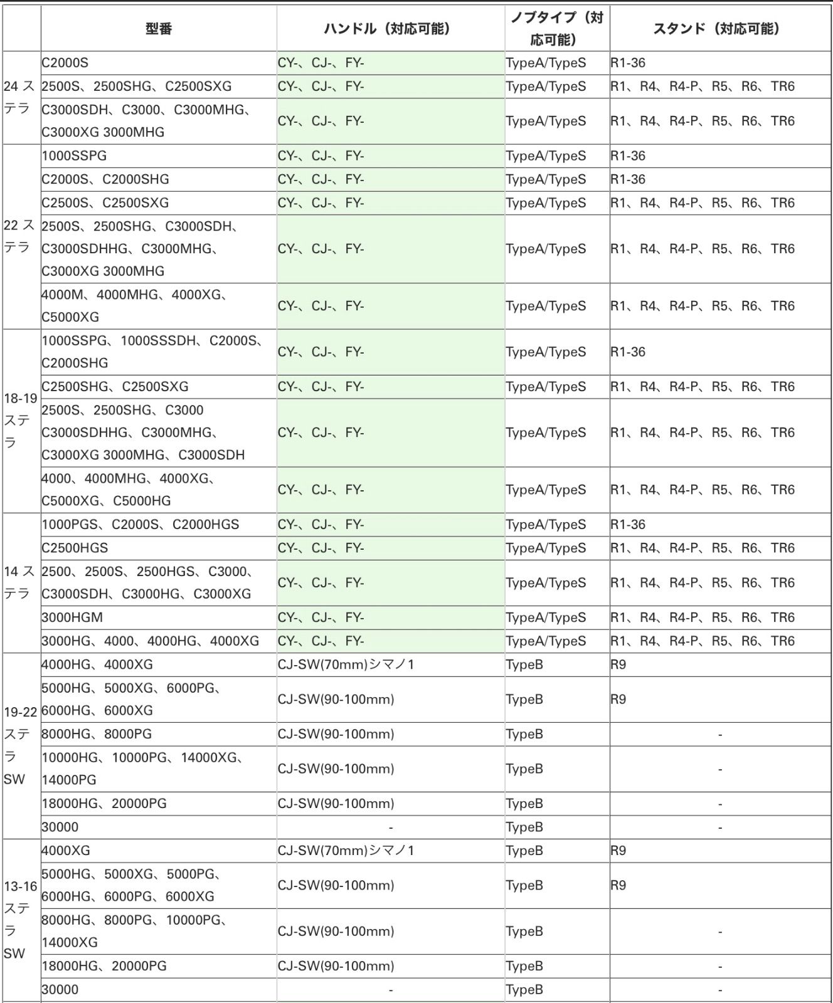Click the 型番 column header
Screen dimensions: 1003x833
(158, 29)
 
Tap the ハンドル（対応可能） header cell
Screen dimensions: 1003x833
(390, 29)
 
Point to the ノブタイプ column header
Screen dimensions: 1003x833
(556, 29)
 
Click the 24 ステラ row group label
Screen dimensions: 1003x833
(21, 98)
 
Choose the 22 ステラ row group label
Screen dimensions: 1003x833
(21, 236)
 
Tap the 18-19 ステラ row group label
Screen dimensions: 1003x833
(21, 421)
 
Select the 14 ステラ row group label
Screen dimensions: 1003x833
(21, 582)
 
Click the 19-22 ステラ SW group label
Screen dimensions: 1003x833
(21, 745)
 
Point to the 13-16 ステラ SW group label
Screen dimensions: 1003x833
(21, 920)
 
